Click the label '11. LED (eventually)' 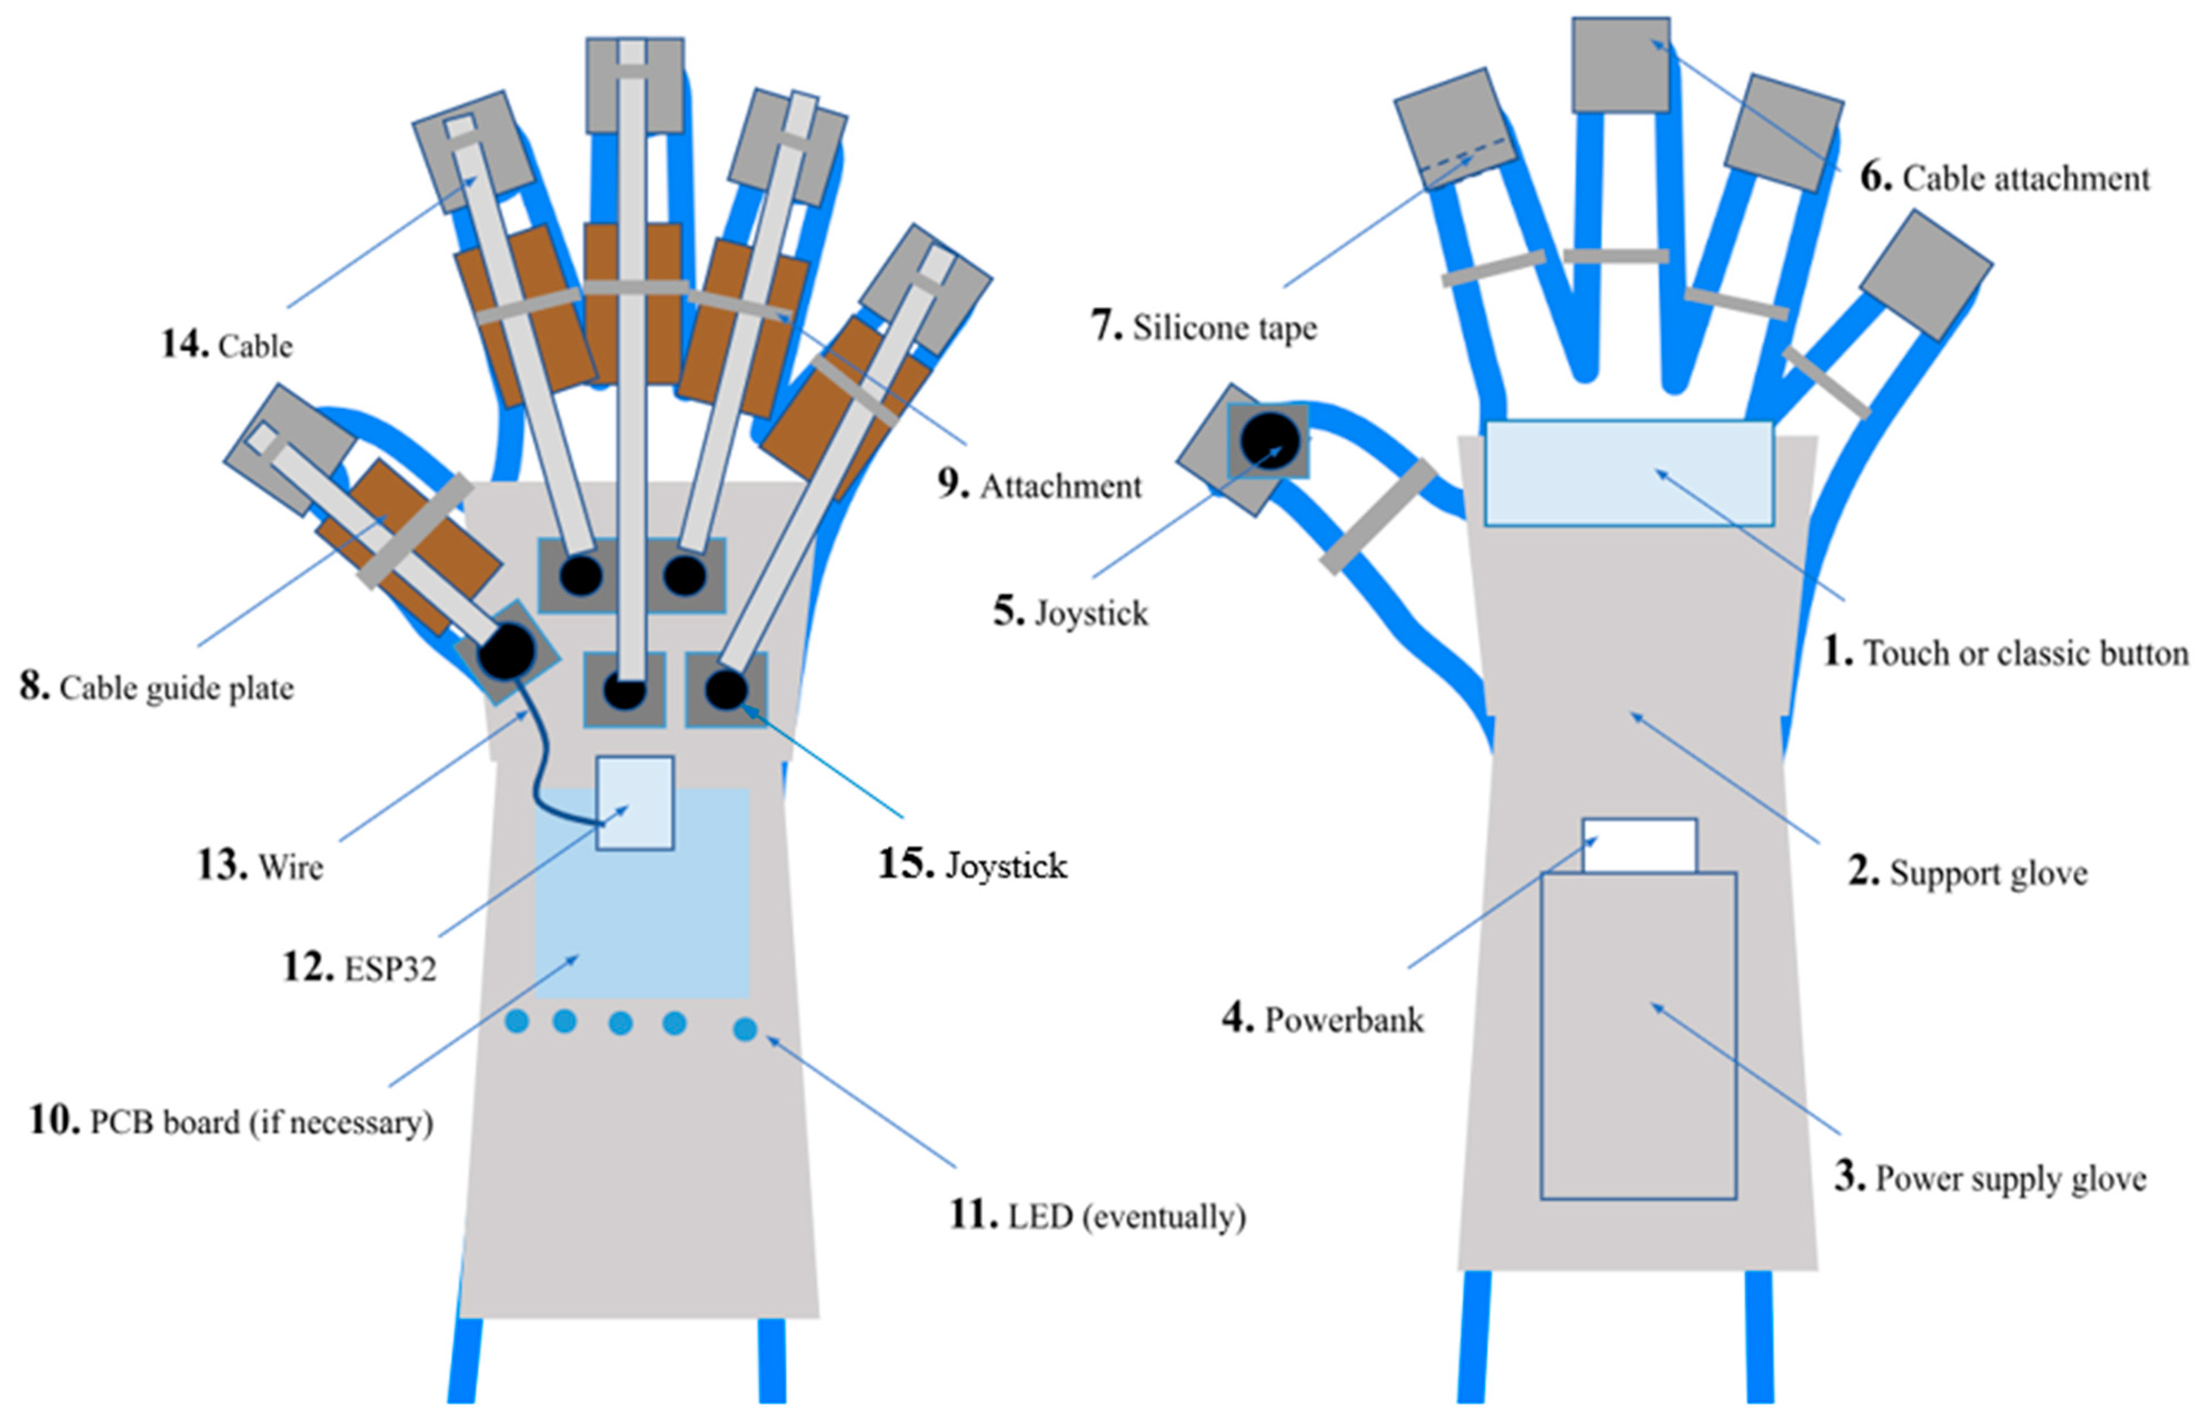pos(1097,1216)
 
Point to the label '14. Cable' pos(227,345)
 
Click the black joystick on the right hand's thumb pos(1269,440)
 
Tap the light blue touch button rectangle pos(1629,473)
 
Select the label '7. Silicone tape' pos(1203,327)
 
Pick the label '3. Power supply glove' pos(1990,1178)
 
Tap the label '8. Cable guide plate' pos(156,687)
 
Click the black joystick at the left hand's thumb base pos(506,650)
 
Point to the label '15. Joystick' pos(973,865)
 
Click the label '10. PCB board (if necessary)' pos(231,1122)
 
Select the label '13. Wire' pos(260,867)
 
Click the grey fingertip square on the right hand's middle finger pos(1620,64)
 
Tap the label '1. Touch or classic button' pos(2005,653)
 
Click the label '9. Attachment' pos(1039,485)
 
